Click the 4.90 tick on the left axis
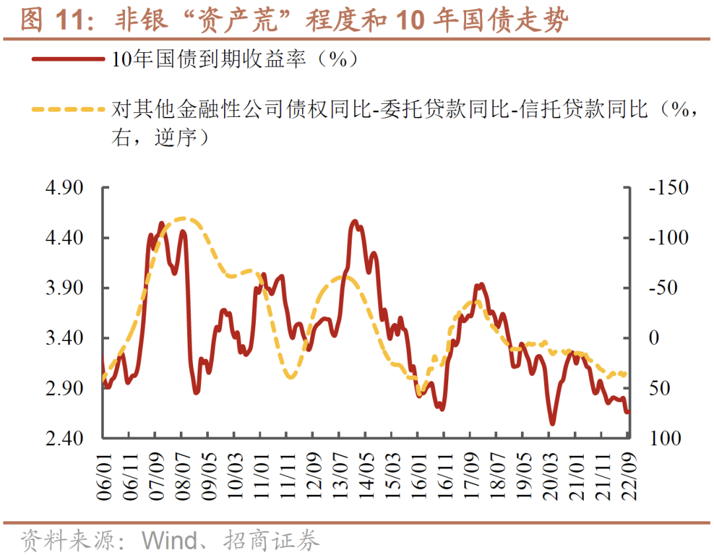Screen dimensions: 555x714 pos(65,188)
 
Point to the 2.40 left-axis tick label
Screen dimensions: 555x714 pos(65,439)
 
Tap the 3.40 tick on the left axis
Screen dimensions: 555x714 pos(65,338)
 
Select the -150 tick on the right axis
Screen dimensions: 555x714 pos(668,188)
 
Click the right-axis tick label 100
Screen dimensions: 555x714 pos(660,439)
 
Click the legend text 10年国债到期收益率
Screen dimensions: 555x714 pos(209,59)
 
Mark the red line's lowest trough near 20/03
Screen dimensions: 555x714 pos(552,424)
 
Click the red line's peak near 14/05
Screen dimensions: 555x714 pos(355,221)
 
